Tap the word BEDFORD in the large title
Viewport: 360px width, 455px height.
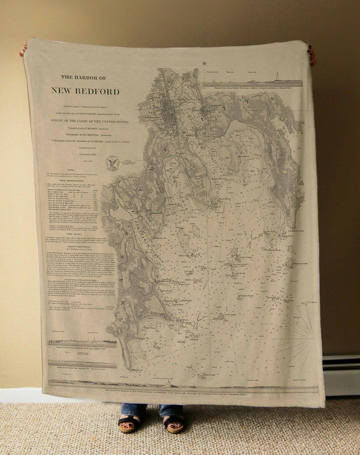98,92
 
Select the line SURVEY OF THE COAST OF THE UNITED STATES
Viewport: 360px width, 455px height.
89,120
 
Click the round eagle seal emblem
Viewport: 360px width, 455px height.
112,162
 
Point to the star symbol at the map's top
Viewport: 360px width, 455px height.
203,63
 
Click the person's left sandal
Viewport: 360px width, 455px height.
174,424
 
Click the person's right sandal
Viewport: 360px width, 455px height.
128,424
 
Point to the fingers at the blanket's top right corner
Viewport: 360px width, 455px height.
311,53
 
